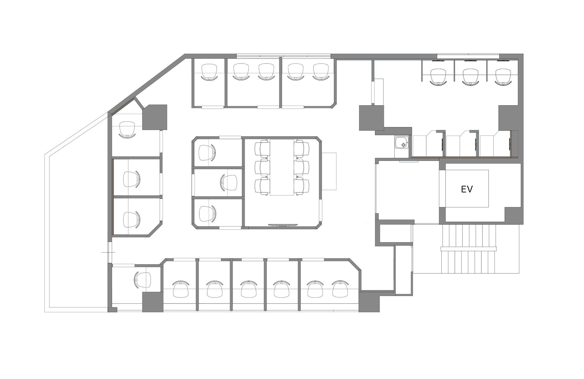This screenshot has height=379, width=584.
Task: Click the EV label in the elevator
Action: pyautogui.click(x=467, y=189)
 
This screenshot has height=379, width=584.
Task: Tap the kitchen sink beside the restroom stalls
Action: pyautogui.click(x=401, y=143)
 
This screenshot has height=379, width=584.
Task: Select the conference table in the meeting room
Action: pyautogui.click(x=282, y=167)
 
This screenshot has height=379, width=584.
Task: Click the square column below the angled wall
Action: pyautogui.click(x=155, y=117)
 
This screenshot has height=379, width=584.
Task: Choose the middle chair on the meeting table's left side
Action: pyautogui.click(x=262, y=167)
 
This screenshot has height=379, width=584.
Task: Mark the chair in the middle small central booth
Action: pyautogui.click(x=229, y=183)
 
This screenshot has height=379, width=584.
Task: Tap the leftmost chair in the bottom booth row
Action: pyautogui.click(x=181, y=289)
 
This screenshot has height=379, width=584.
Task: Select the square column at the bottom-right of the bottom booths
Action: pyautogui.click(x=369, y=302)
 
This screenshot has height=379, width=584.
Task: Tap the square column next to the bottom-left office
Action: pyautogui.click(x=153, y=302)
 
